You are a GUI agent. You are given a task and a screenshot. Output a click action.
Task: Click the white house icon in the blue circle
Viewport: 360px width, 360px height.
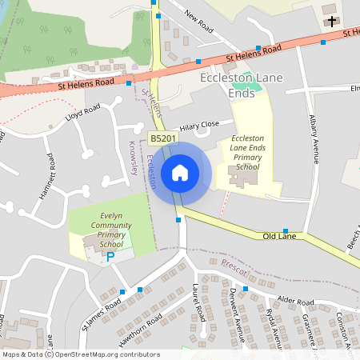tap(180, 172)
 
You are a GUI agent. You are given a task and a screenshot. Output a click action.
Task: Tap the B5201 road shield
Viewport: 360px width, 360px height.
tap(163, 139)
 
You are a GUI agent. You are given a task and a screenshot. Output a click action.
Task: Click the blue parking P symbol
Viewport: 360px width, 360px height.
tap(111, 257)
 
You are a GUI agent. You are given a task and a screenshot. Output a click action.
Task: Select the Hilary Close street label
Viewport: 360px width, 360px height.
tap(199, 126)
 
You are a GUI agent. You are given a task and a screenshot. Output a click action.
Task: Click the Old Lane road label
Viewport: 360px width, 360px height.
tap(280, 237)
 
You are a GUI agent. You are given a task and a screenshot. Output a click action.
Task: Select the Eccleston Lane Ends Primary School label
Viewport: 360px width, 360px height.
tap(247, 153)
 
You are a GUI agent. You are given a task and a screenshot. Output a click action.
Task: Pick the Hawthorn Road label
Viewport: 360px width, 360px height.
tap(142, 324)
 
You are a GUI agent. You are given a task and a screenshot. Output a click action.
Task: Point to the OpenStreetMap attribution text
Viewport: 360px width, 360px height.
tap(81, 354)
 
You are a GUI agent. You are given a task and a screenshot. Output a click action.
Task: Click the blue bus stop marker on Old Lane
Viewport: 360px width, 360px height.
tap(285, 230)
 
